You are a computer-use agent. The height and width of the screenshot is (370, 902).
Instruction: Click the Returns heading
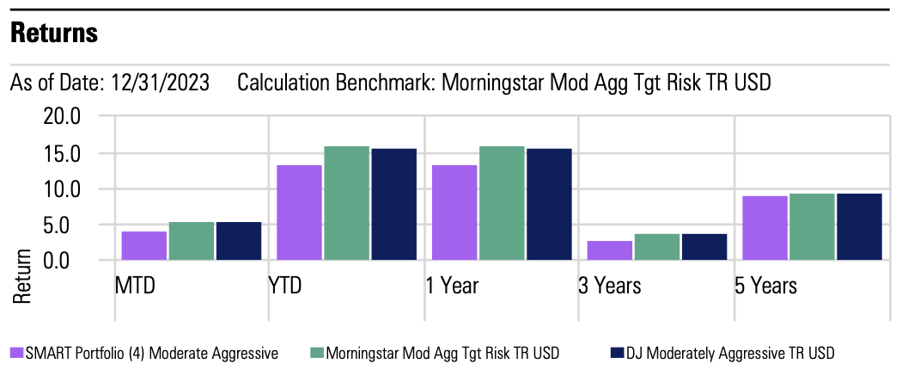pyautogui.click(x=54, y=34)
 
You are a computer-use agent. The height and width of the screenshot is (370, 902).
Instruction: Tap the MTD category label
pyautogui.click(x=136, y=285)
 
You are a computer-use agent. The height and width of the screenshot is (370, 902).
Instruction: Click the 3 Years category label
pyautogui.click(x=610, y=285)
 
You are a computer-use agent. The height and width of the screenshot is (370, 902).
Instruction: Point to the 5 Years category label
pyautogui.click(x=765, y=285)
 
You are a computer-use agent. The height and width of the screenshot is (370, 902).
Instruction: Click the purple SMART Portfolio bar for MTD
pyautogui.click(x=144, y=245)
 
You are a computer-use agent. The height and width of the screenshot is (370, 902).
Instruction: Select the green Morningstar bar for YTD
pyautogui.click(x=346, y=203)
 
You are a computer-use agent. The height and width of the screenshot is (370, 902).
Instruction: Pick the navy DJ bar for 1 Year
pyautogui.click(x=549, y=204)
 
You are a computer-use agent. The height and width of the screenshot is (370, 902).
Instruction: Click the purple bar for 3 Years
pyautogui.click(x=609, y=250)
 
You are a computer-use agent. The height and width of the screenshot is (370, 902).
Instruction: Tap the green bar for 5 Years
pyautogui.click(x=812, y=226)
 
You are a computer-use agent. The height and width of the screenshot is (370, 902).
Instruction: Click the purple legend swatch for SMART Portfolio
pyautogui.click(x=16, y=353)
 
